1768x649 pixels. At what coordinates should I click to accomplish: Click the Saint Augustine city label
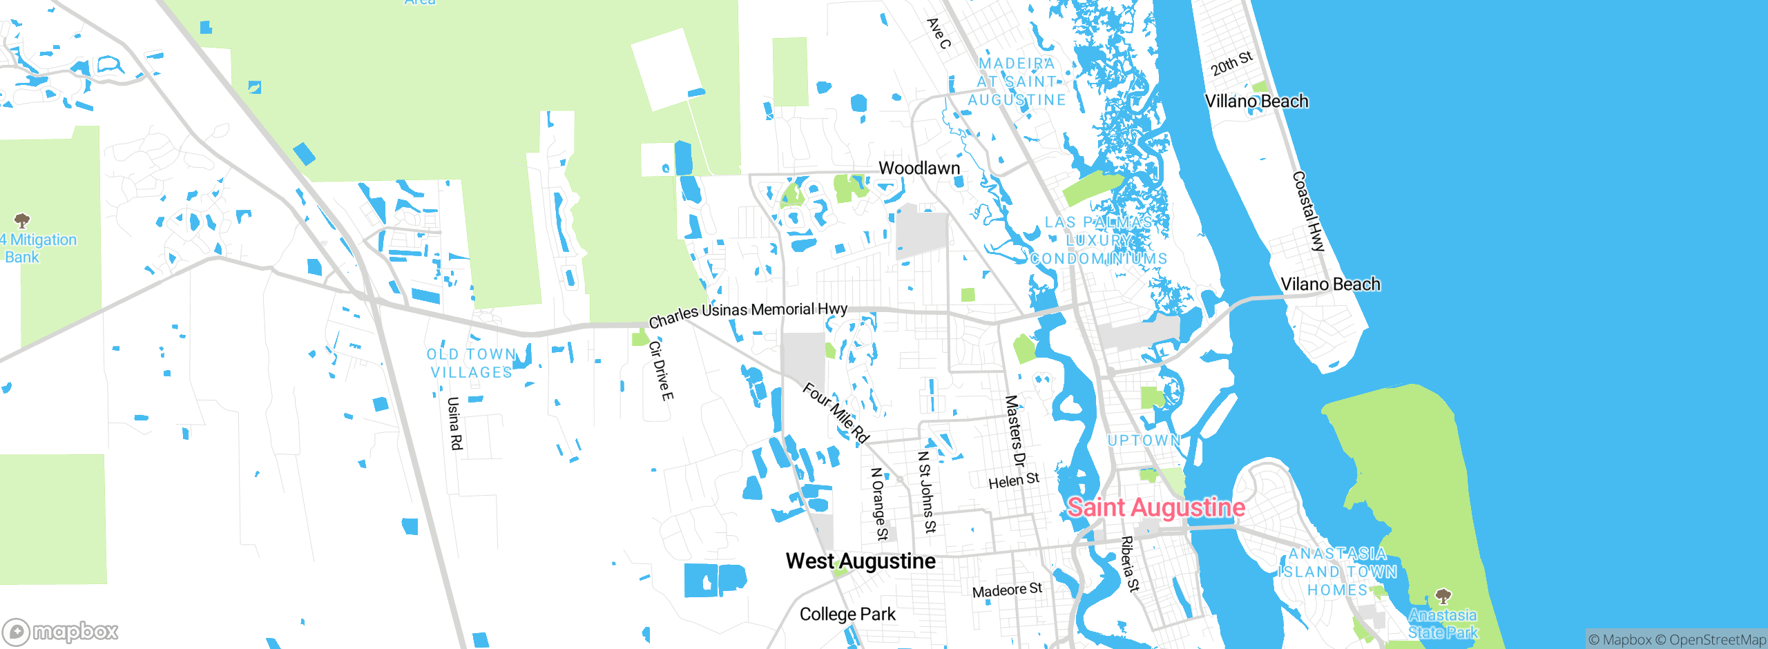[1156, 508]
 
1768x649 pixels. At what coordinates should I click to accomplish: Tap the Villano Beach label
[1256, 101]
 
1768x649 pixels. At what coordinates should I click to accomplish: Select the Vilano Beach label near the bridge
[1330, 284]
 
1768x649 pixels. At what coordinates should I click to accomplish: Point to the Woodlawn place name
[919, 168]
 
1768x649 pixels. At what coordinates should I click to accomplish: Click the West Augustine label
[861, 561]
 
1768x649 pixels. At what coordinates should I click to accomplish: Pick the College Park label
[847, 614]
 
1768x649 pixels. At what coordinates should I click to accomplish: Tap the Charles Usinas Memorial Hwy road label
[748, 314]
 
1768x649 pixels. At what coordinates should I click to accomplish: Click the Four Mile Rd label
[835, 413]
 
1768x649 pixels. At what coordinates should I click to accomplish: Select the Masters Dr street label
[1015, 431]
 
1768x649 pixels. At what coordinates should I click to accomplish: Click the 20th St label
[1231, 63]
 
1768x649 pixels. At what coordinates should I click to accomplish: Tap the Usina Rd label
[454, 423]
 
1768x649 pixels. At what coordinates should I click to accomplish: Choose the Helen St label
[1013, 481]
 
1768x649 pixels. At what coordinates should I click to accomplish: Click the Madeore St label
[1007, 590]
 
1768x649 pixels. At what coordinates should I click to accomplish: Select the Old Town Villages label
[472, 363]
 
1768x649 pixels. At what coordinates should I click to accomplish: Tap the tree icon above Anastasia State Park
[1443, 596]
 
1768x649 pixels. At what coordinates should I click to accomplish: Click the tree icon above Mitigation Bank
[22, 221]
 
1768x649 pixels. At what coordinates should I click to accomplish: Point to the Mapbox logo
[61, 632]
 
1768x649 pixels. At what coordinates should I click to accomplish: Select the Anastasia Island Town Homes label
[1338, 572]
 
